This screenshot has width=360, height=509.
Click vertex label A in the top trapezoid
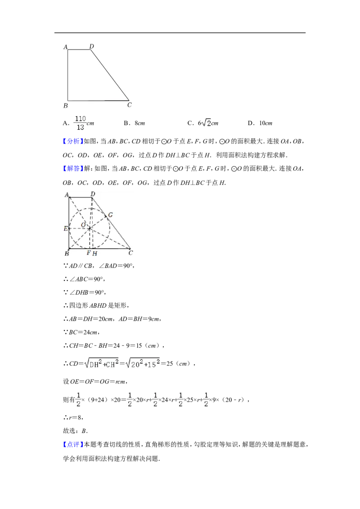[x=66, y=47]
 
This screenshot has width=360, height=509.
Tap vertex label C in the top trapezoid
[x=129, y=104]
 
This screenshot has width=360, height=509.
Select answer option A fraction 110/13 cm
[x=79, y=123]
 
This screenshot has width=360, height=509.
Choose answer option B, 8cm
[x=134, y=123]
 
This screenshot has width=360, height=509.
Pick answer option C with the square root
[x=203, y=123]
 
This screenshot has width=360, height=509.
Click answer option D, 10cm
[x=260, y=123]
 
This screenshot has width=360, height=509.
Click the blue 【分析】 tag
[x=73, y=141]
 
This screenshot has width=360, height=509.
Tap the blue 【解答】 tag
[x=73, y=169]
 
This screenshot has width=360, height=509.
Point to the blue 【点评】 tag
[x=73, y=444]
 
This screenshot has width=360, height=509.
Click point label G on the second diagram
[x=110, y=215]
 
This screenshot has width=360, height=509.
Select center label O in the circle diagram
[x=83, y=225]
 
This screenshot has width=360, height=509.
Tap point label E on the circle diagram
[x=65, y=228]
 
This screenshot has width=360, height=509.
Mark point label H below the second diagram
[x=94, y=254]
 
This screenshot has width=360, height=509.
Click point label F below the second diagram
[x=88, y=253]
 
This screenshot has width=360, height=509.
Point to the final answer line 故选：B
[x=76, y=431]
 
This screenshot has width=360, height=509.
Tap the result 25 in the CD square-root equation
[x=170, y=364]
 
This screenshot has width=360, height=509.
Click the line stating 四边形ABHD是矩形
[x=96, y=305]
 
